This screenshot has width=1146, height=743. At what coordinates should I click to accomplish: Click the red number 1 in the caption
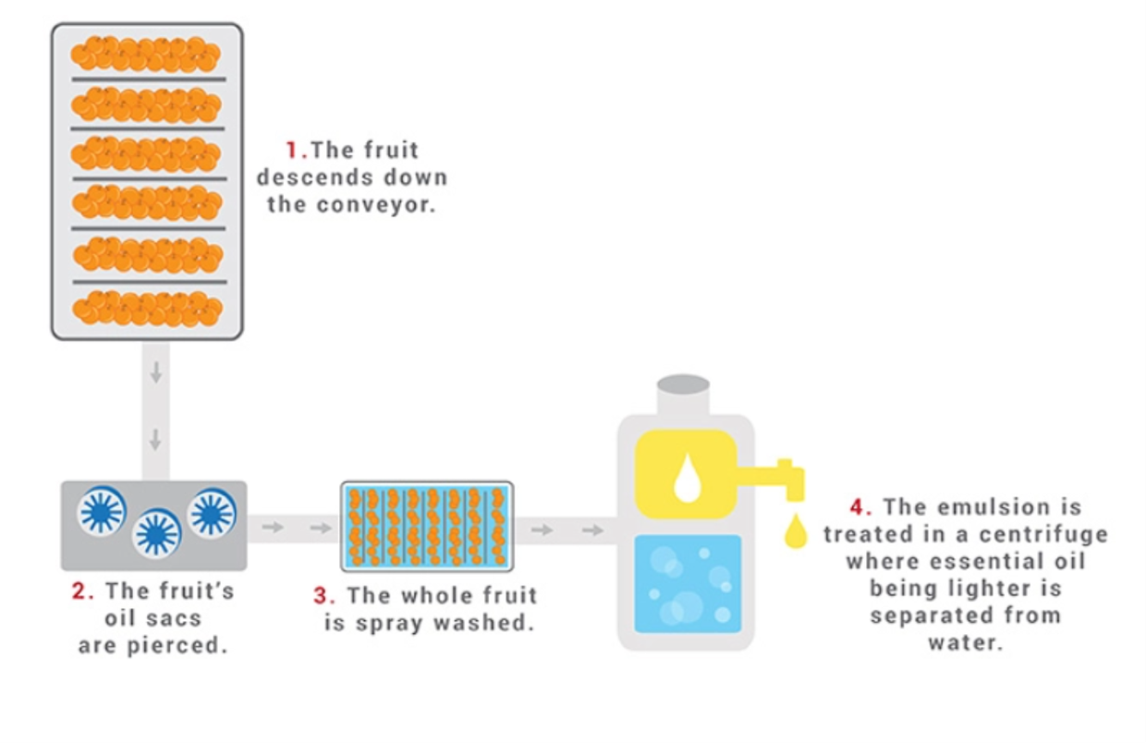[291, 151]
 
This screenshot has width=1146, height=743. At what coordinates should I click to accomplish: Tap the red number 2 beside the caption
[79, 591]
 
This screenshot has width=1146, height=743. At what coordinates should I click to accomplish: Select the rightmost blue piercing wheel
[213, 512]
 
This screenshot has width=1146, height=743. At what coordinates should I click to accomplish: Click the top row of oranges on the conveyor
[146, 54]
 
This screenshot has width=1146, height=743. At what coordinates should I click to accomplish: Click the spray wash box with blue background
[427, 526]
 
